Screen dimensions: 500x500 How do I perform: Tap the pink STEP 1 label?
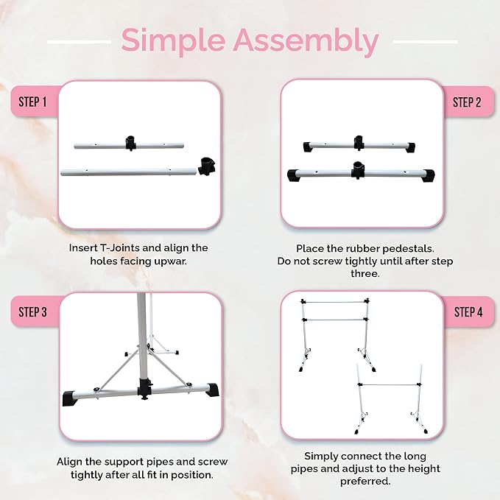tap(33, 101)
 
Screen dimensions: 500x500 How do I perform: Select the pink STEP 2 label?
tap(467, 102)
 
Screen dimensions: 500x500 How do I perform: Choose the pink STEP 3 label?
tap(33, 312)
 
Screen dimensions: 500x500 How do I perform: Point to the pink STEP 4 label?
tap(467, 312)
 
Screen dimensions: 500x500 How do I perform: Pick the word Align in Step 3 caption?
tap(71, 461)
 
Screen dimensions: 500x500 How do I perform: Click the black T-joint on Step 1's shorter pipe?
tap(131, 141)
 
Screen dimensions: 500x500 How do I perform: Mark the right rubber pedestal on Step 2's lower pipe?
tap(426, 175)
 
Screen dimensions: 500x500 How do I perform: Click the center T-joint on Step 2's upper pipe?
tap(359, 141)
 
